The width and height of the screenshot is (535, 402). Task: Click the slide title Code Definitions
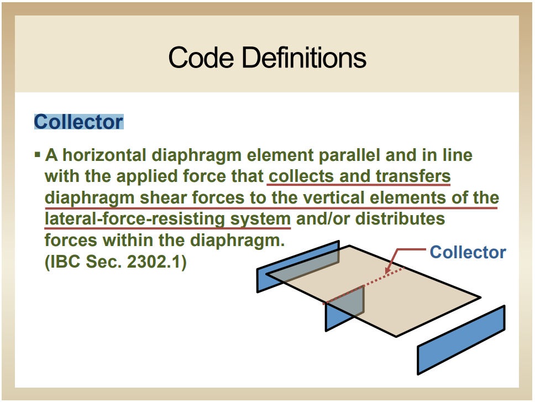(267, 58)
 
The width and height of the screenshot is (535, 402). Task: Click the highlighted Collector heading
(79, 122)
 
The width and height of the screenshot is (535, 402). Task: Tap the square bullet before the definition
(38, 155)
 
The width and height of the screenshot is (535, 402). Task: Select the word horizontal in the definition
(104, 155)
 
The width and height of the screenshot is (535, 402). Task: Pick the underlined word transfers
(413, 176)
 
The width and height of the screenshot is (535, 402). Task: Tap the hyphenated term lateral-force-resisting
(135, 219)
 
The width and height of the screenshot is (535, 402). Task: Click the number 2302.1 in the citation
(153, 262)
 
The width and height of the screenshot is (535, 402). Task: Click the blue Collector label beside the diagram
(468, 252)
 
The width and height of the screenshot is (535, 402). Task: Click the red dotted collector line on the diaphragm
(364, 285)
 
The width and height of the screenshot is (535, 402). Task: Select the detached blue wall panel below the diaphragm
(461, 340)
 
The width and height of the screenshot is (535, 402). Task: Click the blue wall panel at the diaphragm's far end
(298, 266)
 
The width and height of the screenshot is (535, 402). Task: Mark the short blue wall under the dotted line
(345, 308)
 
